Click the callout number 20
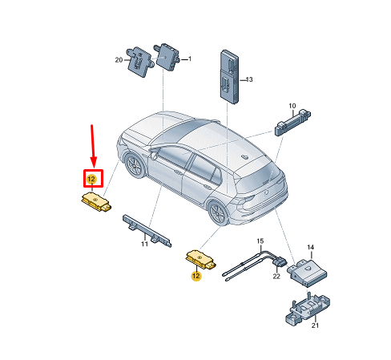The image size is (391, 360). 119,60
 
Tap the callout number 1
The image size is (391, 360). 190,59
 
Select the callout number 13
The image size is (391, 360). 249,79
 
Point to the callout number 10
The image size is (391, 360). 292,106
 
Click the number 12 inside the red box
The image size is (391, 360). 91,179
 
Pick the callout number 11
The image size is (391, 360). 144,244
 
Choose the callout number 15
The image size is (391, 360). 260,241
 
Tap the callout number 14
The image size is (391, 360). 310,247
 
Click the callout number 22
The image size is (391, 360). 276,277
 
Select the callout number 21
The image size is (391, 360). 315,326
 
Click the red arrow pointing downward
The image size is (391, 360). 93,146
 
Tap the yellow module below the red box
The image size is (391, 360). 96,202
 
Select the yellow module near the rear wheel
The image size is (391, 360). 200,259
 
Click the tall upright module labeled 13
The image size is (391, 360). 229,76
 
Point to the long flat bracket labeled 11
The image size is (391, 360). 147,231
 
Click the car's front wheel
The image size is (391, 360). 135,165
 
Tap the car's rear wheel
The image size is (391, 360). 218,213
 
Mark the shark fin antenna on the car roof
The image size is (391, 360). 244,156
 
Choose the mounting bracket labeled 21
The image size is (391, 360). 308,309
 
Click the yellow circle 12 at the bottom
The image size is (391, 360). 196,275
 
